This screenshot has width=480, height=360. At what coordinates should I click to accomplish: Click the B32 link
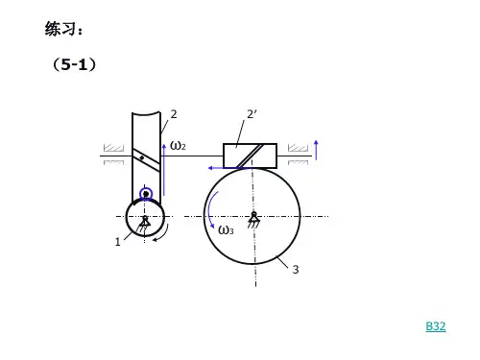436,326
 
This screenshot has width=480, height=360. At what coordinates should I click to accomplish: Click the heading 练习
60,29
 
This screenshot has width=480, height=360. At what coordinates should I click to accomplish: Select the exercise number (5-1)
74,64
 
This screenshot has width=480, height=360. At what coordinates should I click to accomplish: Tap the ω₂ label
178,146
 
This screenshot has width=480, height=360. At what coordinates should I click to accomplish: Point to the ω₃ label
226,229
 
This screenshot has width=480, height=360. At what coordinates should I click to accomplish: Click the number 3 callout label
296,270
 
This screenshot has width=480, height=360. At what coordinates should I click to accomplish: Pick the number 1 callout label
118,242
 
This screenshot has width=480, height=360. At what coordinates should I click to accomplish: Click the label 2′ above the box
252,114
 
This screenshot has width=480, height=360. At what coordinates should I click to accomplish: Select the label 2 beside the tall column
174,114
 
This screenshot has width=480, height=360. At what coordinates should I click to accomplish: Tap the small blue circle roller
146,194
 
